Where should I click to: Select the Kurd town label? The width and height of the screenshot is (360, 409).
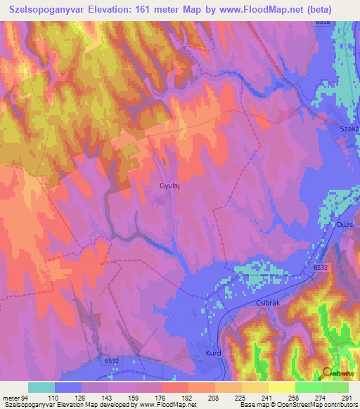click(x=214, y=353)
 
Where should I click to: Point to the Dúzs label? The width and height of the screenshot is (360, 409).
click(x=344, y=223)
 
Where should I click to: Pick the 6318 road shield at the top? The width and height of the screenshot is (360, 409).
click(x=323, y=22)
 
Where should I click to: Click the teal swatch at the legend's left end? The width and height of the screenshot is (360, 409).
click(x=41, y=387)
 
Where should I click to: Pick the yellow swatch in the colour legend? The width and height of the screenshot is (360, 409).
click(x=281, y=387)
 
